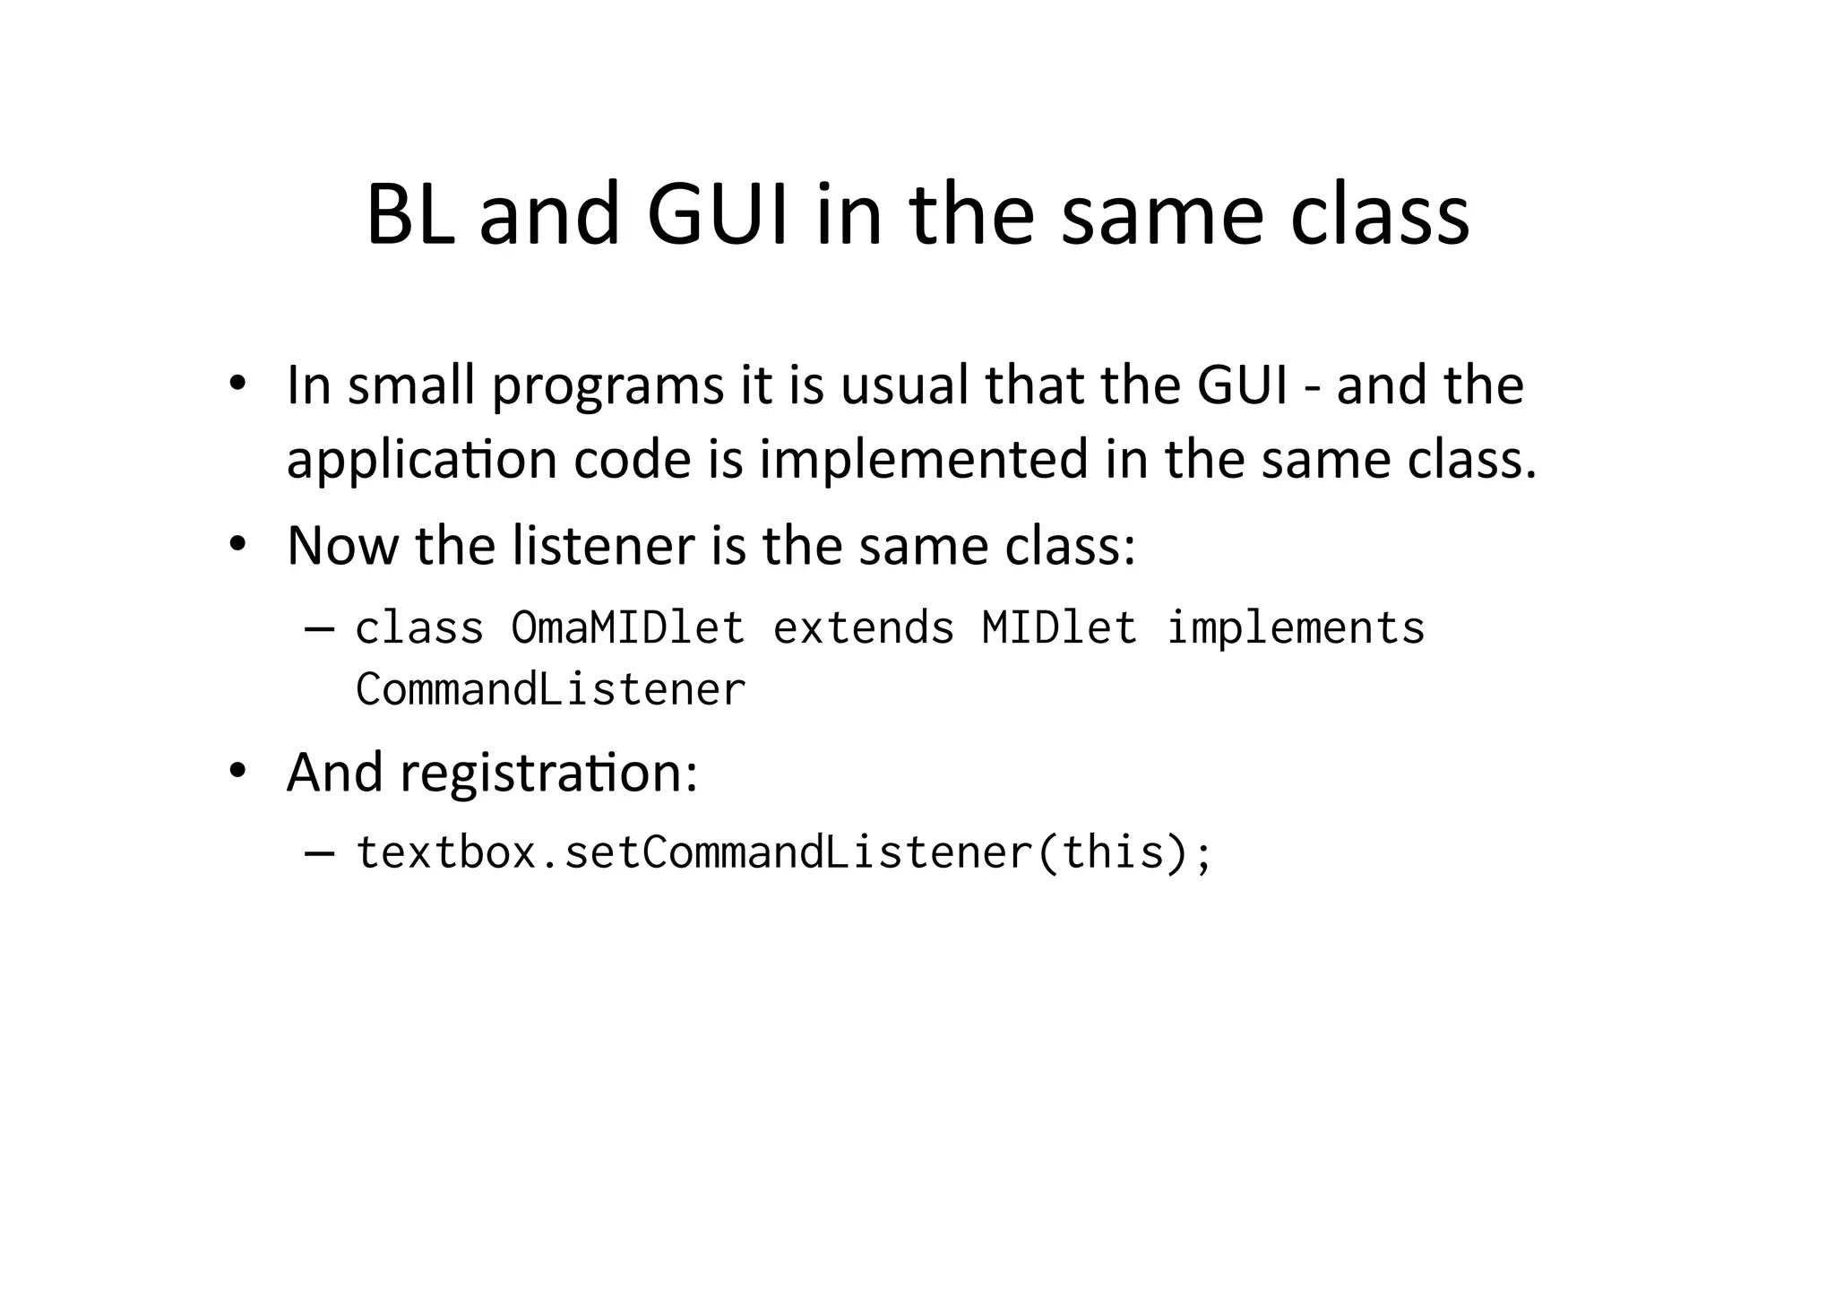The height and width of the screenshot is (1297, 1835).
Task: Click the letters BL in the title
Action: click(x=410, y=215)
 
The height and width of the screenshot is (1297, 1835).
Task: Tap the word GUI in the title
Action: click(x=719, y=215)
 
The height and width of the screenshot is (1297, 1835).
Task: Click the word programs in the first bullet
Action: click(x=607, y=387)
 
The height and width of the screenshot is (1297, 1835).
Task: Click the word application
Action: click(x=421, y=461)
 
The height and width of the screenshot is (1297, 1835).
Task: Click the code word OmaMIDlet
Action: click(x=627, y=627)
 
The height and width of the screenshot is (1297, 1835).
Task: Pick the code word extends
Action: click(x=864, y=627)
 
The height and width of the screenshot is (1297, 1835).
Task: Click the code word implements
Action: click(x=1296, y=627)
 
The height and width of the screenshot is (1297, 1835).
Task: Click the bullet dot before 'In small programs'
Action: click(x=237, y=384)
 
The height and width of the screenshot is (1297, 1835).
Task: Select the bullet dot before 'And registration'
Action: click(x=237, y=770)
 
